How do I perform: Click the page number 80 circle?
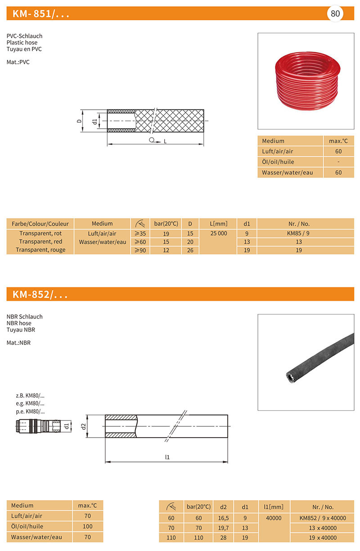click(335, 13)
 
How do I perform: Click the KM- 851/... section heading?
click(41, 14)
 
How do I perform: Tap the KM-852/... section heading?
click(40, 295)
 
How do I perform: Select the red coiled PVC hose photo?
click(306, 81)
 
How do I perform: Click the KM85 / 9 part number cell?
click(299, 233)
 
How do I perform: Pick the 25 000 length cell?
click(218, 233)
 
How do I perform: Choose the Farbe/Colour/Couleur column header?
click(40, 224)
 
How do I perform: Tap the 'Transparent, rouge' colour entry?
click(40, 250)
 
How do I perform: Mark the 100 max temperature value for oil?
click(88, 526)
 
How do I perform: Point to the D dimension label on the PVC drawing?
click(79, 121)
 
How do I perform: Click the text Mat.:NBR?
click(18, 343)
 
